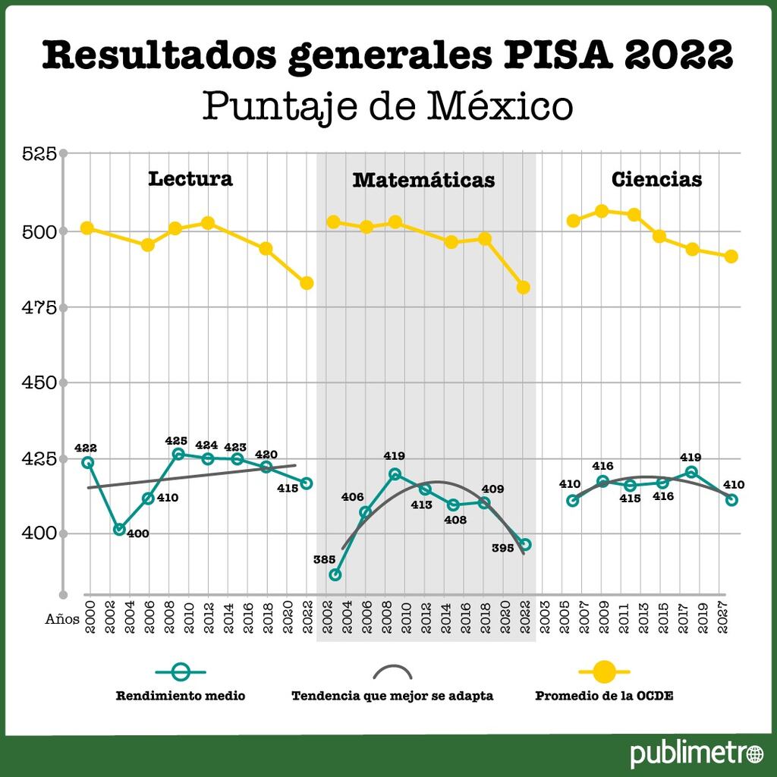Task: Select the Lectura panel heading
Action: (190, 179)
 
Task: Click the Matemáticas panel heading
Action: (423, 180)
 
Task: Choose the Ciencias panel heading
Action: (656, 180)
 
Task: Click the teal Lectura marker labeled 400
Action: (119, 529)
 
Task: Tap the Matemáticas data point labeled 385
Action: (335, 574)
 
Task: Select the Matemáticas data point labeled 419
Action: (395, 473)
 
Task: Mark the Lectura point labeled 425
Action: (178, 454)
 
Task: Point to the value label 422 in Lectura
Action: (85, 448)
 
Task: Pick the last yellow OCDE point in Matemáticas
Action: (523, 288)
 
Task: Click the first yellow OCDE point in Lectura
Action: (87, 228)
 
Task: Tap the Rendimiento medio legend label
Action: (181, 696)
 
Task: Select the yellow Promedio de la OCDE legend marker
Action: (604, 671)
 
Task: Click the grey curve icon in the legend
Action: (392, 672)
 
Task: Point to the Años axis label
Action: (61, 618)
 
